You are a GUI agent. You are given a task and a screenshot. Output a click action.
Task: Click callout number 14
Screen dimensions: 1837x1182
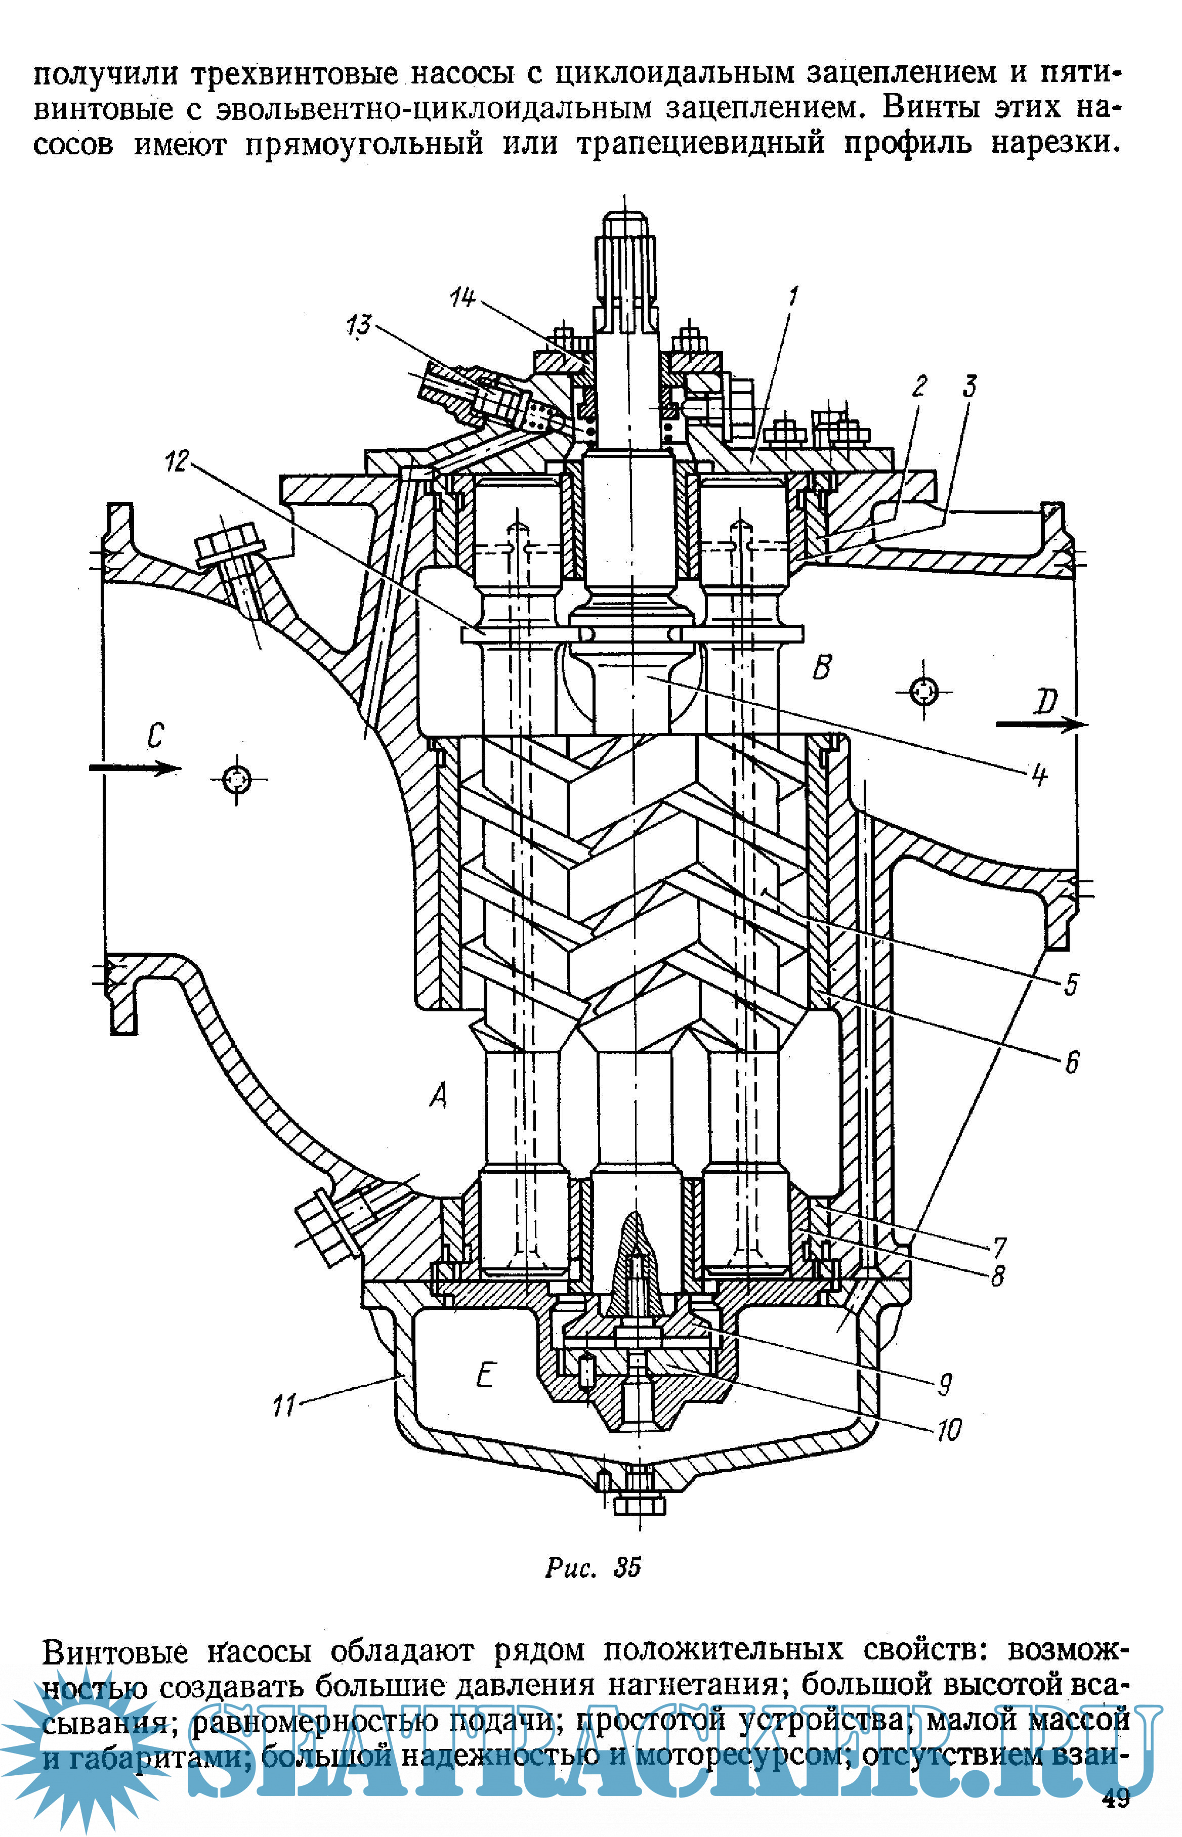462,297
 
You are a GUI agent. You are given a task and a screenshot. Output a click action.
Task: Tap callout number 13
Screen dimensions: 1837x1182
358,325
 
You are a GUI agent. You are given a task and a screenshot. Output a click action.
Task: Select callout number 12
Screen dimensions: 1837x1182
177,461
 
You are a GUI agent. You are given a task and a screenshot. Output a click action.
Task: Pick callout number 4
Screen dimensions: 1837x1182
1039,775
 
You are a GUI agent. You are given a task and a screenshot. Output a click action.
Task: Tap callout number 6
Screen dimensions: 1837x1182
1072,1063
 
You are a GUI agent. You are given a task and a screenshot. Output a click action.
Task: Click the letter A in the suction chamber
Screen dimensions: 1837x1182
438,1096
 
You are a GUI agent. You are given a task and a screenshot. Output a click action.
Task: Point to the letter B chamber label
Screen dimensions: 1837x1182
822,666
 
